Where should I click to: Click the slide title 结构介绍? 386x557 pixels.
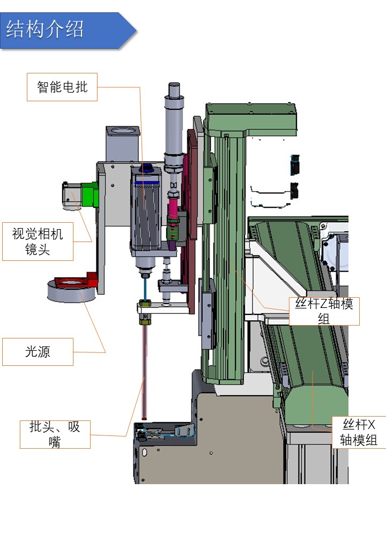pos(45,29)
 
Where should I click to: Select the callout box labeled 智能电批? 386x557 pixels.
pos(62,87)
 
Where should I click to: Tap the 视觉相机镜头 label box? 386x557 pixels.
pos(38,241)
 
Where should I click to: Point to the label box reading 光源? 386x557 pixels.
pos(38,352)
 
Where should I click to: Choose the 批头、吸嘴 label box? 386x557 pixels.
pos(55,434)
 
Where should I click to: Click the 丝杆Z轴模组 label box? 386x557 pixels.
pos(324,311)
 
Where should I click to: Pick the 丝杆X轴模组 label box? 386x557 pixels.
pos(359,432)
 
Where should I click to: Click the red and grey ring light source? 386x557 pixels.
pos(70,290)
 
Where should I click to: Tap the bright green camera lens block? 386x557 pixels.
pos(90,195)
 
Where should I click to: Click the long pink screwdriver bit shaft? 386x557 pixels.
pos(144,370)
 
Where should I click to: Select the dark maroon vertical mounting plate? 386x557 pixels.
pos(191,225)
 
